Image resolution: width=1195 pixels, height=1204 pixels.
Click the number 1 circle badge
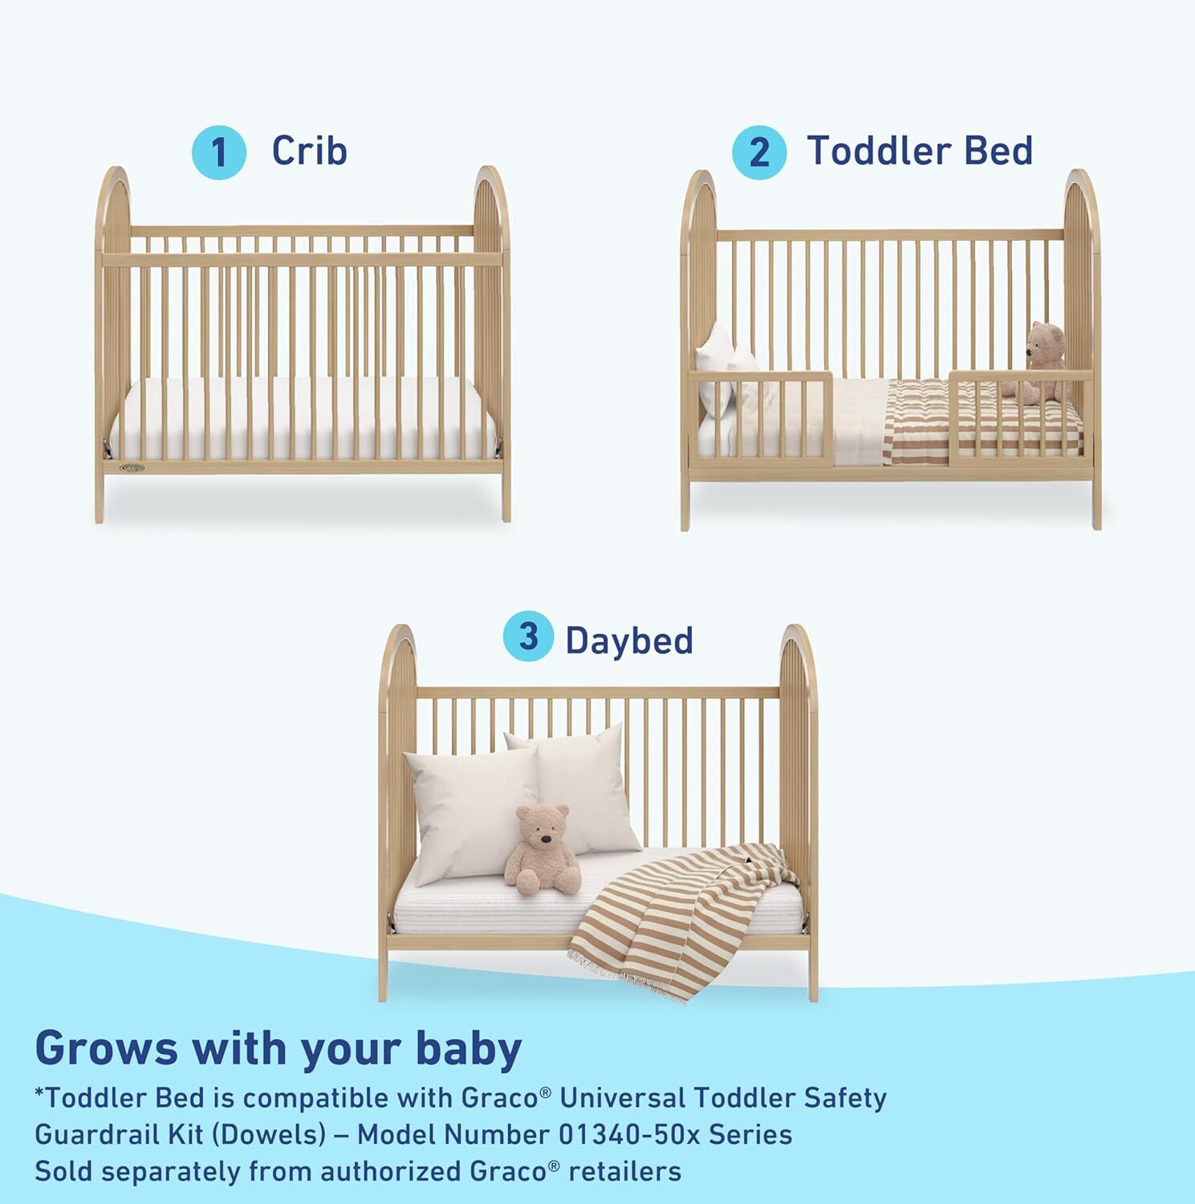(218, 153)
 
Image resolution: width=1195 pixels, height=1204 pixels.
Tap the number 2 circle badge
(758, 153)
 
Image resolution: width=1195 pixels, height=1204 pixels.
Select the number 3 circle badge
(528, 637)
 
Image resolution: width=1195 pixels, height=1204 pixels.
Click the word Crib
(309, 150)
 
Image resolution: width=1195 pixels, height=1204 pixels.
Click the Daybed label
(628, 640)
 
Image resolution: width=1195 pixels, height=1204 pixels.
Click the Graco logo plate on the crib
(133, 466)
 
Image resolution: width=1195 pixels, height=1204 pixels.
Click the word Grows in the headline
(107, 1048)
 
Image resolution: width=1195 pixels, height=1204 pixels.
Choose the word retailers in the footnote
(625, 1171)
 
